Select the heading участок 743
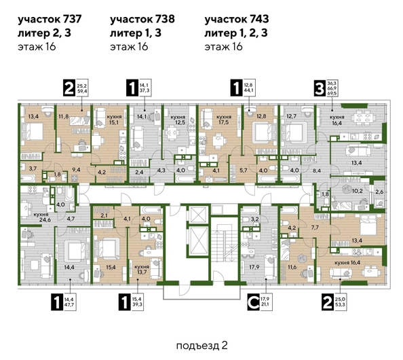tap(237, 20)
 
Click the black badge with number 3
tap(317, 87)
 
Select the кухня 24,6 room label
tap(29, 217)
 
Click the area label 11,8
tap(64, 116)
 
